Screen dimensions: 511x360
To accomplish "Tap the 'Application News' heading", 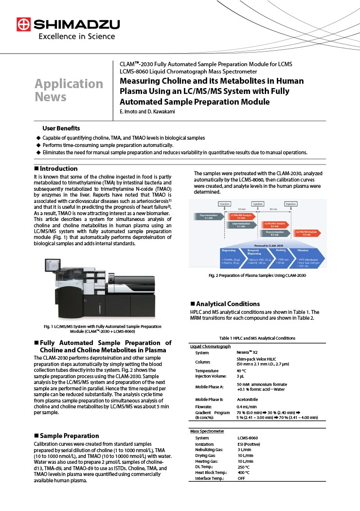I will (x=69, y=90).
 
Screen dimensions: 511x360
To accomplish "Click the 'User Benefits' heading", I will (x=61, y=128).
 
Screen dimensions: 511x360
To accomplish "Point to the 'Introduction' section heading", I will (x=58, y=168).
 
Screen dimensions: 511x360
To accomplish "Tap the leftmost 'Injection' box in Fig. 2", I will (x=224, y=204).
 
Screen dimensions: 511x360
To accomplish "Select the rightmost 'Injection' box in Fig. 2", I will (x=290, y=204).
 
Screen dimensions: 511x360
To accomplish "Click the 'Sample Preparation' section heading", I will (x=69, y=436).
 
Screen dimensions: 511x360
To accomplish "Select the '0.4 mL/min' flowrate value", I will (x=247, y=406).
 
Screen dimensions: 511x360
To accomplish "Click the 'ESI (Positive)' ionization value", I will (x=249, y=444).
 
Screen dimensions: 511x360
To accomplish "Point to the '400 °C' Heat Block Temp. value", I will (x=244, y=473).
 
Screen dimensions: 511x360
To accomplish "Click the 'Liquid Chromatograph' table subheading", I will (x=210, y=346).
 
